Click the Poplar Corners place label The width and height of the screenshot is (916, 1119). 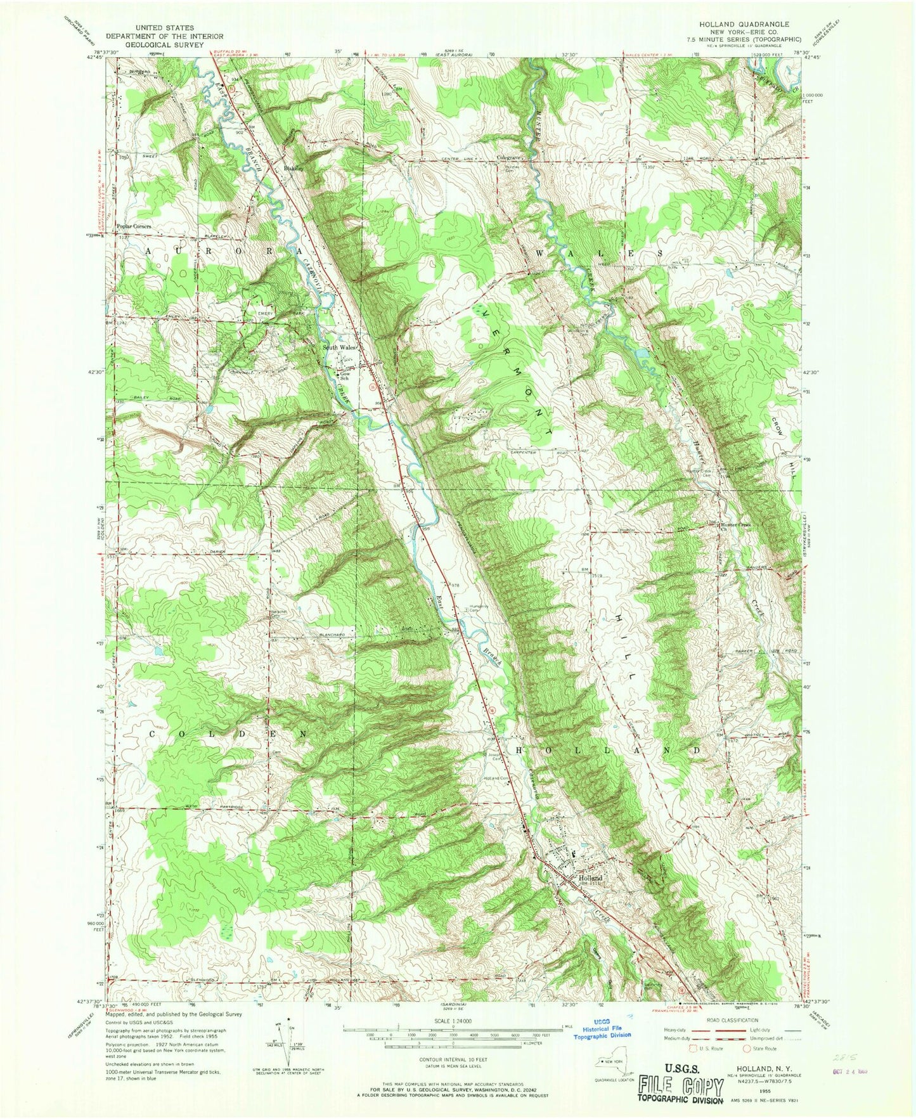[x=134, y=226]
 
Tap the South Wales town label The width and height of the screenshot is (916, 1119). [x=340, y=347]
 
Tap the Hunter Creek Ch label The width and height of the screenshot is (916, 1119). [x=735, y=526]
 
